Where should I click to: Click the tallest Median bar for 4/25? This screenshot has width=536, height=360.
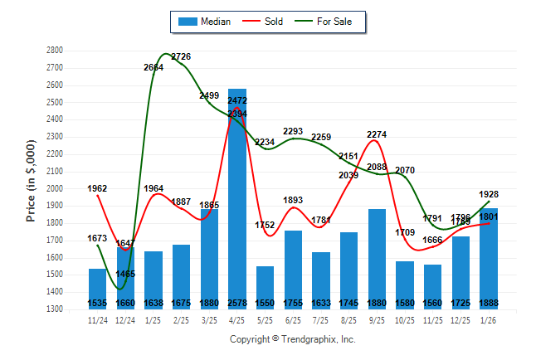tap(236, 199)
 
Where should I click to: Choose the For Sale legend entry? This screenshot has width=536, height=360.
tap(324, 22)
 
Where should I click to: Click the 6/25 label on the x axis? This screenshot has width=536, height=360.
tap(293, 319)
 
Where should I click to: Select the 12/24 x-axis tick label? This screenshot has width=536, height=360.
tap(125, 319)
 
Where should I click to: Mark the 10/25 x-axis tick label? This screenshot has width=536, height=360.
tap(405, 319)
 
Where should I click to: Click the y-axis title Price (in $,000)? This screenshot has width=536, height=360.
tap(31, 180)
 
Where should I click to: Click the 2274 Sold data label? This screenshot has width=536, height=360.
tap(377, 134)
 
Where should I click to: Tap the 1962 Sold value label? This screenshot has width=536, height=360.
tap(97, 188)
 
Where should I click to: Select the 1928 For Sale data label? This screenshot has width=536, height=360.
tap(489, 194)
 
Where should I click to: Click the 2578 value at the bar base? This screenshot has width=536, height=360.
tap(236, 303)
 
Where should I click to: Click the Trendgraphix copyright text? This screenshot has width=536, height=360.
tap(292, 339)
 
